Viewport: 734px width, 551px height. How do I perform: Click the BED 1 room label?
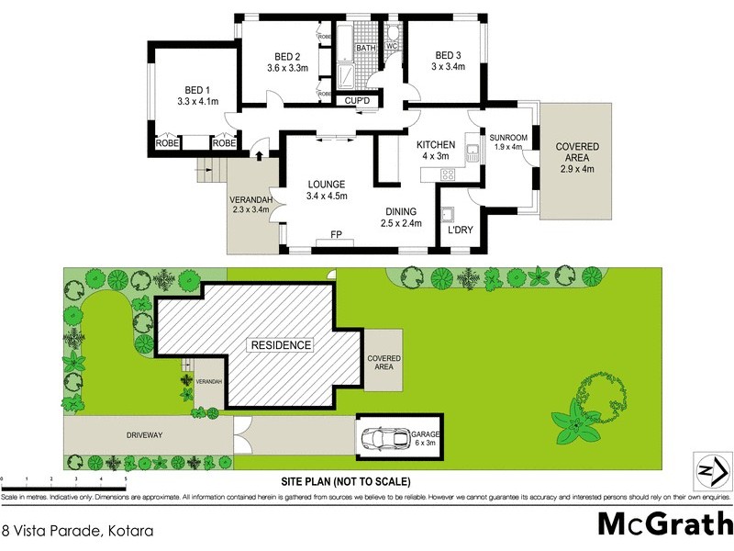pos(197,89)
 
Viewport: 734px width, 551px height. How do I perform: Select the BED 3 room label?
pos(450,53)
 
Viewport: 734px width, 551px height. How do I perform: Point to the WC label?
pos(390,45)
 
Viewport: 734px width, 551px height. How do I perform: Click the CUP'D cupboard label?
pos(356,101)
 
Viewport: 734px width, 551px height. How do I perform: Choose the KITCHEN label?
pos(436,145)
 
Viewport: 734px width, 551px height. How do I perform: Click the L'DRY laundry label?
pos(460,231)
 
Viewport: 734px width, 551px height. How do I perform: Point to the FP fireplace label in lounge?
pos(338,236)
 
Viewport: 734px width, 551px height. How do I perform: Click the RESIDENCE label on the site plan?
pos(280,345)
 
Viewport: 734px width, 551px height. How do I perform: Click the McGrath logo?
pos(664,523)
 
